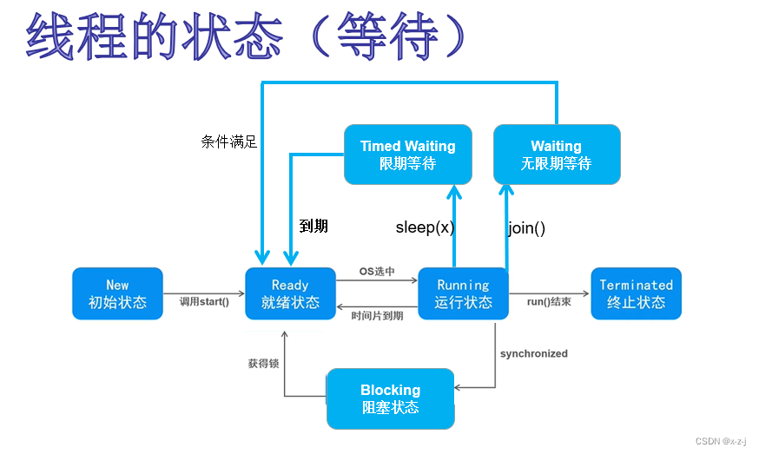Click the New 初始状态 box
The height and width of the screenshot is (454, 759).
coord(117,293)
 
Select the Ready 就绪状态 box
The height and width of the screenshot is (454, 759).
coord(290,293)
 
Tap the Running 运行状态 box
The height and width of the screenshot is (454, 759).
coord(463,293)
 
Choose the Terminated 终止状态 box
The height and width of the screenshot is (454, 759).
coord(636,293)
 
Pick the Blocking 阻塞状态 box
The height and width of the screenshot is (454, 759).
coord(390,398)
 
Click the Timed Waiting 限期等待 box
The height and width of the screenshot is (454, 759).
coord(407,155)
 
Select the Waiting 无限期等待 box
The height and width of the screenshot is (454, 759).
coord(556,155)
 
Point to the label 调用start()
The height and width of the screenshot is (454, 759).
coord(204,302)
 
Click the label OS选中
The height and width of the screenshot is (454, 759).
coord(377,272)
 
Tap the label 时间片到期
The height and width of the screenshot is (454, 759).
coord(377,316)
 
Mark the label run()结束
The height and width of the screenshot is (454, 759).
coord(549,302)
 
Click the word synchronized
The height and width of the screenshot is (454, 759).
coord(534,353)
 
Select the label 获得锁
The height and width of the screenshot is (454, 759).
coord(263,364)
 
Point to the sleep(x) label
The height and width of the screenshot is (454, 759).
coord(425,227)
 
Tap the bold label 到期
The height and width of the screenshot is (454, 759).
coord(313,226)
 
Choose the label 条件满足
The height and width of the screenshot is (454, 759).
coord(229,141)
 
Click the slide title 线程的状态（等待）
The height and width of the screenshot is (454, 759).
coord(247,36)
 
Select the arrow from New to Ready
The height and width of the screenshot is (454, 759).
coord(204,293)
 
